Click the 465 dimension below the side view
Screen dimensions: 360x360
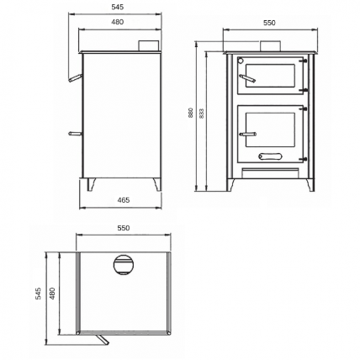tap(124, 200)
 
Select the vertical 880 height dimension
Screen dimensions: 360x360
tap(191, 112)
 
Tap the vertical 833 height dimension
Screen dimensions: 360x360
tap(202, 113)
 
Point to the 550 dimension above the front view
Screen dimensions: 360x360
tap(269, 23)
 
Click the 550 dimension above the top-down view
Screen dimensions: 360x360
tap(124, 228)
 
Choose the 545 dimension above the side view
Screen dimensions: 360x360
tap(117, 8)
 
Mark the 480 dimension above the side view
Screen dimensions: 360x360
tap(117, 22)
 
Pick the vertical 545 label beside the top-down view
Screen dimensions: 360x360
tap(38, 294)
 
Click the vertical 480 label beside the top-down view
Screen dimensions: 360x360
tap(52, 294)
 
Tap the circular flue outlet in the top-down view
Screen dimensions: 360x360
tap(124, 265)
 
